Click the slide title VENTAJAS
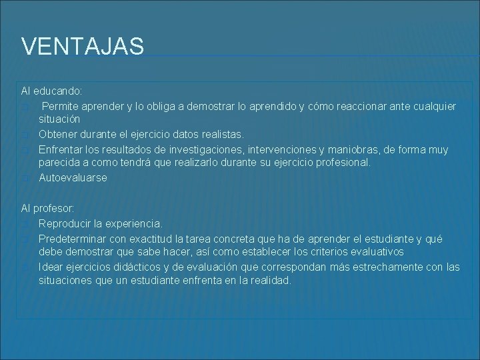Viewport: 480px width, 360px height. click(83, 47)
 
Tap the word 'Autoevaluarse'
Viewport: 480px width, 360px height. click(73, 178)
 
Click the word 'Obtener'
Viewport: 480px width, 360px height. click(58, 135)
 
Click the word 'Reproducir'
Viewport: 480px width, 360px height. click(66, 223)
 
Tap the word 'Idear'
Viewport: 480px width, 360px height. click(51, 267)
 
